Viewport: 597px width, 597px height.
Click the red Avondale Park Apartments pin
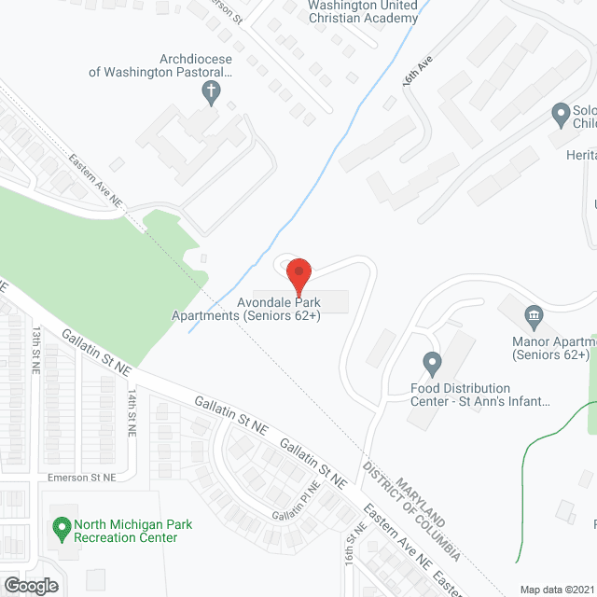coord(298,275)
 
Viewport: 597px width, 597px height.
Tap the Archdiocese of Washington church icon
coord(209,91)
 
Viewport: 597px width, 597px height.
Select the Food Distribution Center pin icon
coord(431,361)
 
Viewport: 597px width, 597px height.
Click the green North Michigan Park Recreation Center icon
coord(62,530)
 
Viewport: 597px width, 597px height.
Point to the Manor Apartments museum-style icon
coord(534,314)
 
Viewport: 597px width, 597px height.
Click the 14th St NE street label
coord(132,411)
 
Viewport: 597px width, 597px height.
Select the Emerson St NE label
coord(83,477)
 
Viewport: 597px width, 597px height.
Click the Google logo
coord(31,585)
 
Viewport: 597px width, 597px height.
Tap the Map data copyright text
coord(556,590)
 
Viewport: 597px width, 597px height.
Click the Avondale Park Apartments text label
coord(245,309)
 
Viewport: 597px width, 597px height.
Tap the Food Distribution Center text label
coord(479,395)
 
